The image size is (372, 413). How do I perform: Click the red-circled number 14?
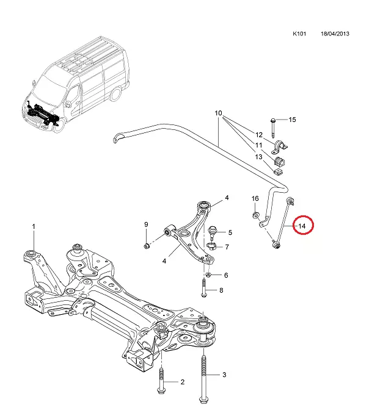(302, 226)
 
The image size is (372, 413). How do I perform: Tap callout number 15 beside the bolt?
(292, 120)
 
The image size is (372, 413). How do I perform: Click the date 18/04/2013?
(336, 34)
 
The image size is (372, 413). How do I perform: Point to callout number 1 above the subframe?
(34, 226)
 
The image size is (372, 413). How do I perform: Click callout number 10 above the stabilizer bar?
(219, 113)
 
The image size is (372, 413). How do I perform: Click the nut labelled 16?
(257, 215)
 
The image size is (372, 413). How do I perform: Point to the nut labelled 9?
(147, 245)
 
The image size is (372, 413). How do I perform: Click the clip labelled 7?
(211, 247)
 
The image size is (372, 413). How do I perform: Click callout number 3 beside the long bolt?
(224, 375)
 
